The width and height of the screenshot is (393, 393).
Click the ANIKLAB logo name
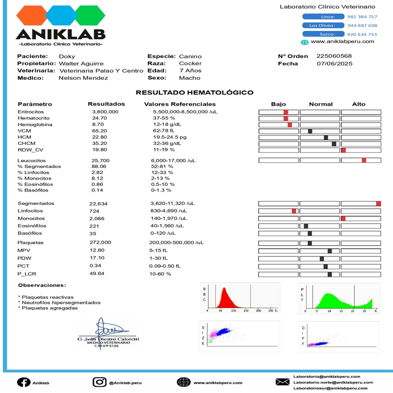[61, 34]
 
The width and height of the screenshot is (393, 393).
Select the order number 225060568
[334, 56]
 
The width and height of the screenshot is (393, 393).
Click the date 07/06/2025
[335, 63]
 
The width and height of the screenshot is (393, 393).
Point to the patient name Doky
[67, 57]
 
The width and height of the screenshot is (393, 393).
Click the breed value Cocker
[190, 64]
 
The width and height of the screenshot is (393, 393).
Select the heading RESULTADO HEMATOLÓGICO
[195, 93]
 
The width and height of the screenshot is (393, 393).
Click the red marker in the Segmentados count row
[378, 203]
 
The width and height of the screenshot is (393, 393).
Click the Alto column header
[358, 104]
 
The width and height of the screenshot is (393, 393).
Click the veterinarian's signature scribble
[107, 329]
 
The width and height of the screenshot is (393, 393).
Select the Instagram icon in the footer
[99, 382]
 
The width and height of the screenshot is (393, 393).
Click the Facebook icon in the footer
[23, 382]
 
